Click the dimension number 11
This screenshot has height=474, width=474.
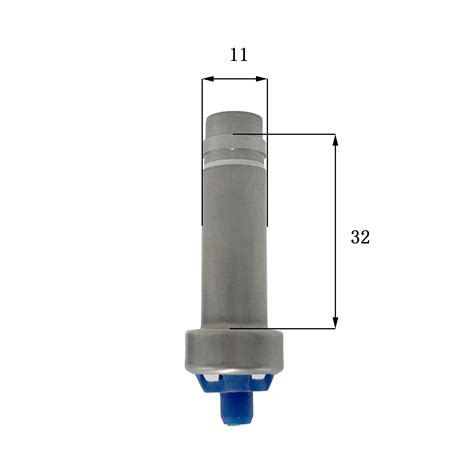239,55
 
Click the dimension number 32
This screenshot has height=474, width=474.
360,237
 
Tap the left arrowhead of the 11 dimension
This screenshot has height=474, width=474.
208,79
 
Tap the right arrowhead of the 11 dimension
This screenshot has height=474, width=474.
262,79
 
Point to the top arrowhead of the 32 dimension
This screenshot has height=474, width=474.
336,140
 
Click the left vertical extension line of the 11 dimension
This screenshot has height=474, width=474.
202,152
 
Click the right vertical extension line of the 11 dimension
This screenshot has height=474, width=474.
267,152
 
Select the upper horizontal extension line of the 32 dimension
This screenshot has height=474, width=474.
284,134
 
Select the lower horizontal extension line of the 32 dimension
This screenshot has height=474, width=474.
283,329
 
